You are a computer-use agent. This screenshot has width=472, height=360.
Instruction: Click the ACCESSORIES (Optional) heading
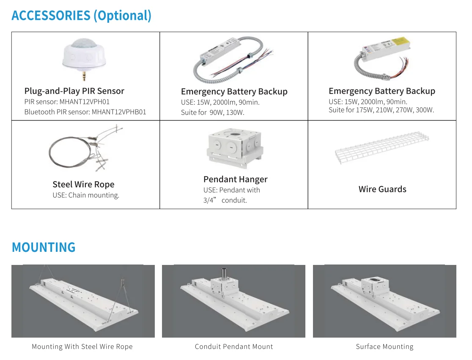(81, 16)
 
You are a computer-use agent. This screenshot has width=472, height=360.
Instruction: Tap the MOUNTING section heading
(44, 247)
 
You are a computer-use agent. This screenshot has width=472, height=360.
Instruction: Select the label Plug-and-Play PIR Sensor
(74, 91)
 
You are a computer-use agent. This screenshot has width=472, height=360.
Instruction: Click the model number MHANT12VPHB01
(119, 112)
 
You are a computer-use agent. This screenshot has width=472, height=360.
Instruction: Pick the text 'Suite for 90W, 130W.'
(213, 112)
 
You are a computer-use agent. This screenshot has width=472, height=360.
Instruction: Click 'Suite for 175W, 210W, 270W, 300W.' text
(381, 110)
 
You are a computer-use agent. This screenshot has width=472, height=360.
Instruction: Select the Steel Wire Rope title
(83, 184)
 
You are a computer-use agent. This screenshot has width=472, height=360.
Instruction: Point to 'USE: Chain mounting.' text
(86, 195)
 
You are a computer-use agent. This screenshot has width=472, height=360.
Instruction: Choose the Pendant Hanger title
(235, 179)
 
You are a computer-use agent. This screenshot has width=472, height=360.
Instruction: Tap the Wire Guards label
(382, 189)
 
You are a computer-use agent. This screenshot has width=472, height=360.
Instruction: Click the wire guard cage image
(382, 149)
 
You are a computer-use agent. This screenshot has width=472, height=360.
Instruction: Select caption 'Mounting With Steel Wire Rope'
(82, 347)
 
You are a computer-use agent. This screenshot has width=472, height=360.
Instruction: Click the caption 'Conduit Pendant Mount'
(234, 347)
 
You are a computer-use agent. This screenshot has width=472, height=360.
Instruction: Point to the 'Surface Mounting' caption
(384, 347)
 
